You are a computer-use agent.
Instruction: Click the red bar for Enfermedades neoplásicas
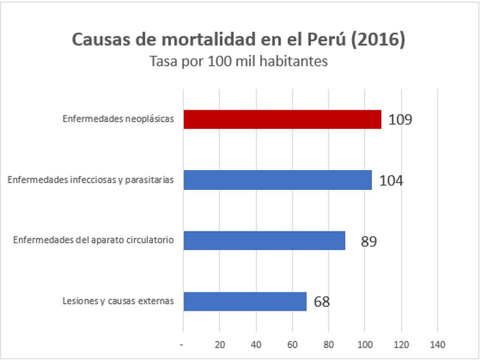[282, 119]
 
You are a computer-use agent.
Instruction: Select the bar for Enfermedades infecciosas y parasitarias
[277, 180]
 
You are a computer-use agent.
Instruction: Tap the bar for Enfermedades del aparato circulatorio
[264, 241]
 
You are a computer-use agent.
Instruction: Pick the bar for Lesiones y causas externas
[245, 302]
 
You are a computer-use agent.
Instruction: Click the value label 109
[400, 120]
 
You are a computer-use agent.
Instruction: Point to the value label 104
[391, 181]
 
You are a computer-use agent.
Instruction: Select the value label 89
[369, 242]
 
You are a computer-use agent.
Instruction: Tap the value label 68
[321, 302]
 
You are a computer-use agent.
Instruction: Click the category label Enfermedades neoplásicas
[118, 119]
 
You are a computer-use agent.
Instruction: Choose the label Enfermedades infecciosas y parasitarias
[91, 180]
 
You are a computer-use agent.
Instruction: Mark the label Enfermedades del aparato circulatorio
[93, 241]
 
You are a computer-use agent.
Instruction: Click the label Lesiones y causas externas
[118, 301]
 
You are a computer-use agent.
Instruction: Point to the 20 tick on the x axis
[219, 345]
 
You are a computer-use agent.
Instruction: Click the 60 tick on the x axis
[292, 345]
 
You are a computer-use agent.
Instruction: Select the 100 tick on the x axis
[365, 345]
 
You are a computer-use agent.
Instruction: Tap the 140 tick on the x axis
[437, 345]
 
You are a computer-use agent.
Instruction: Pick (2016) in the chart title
[378, 40]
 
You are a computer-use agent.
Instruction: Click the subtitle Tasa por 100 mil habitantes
[239, 62]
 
